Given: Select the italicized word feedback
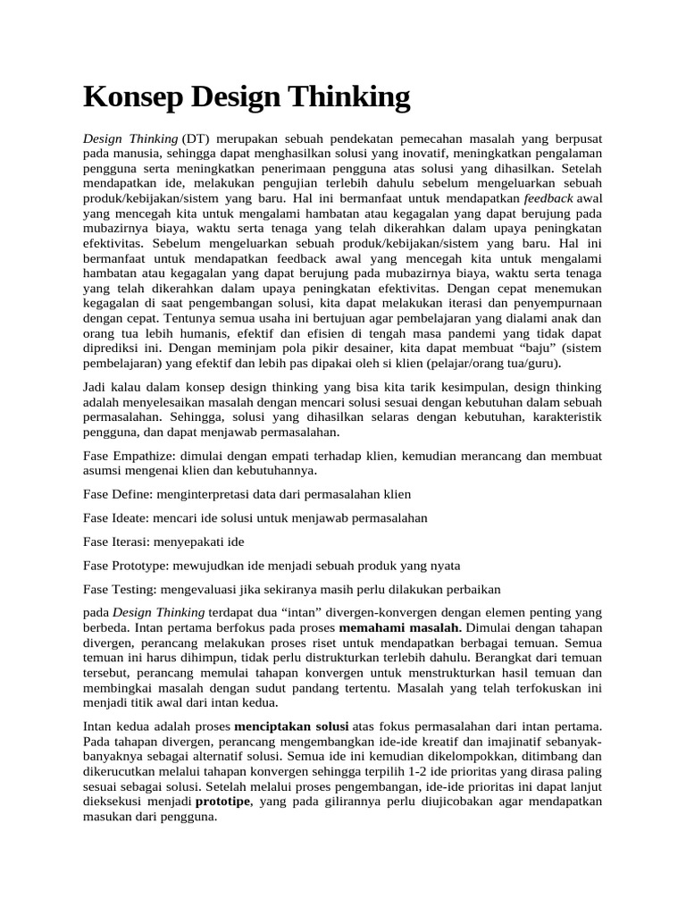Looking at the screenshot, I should [x=549, y=197].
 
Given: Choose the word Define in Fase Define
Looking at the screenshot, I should [x=133, y=494].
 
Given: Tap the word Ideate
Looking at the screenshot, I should [x=133, y=517].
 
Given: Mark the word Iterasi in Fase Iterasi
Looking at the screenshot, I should [x=134, y=541].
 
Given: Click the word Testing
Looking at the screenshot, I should [x=136, y=589].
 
